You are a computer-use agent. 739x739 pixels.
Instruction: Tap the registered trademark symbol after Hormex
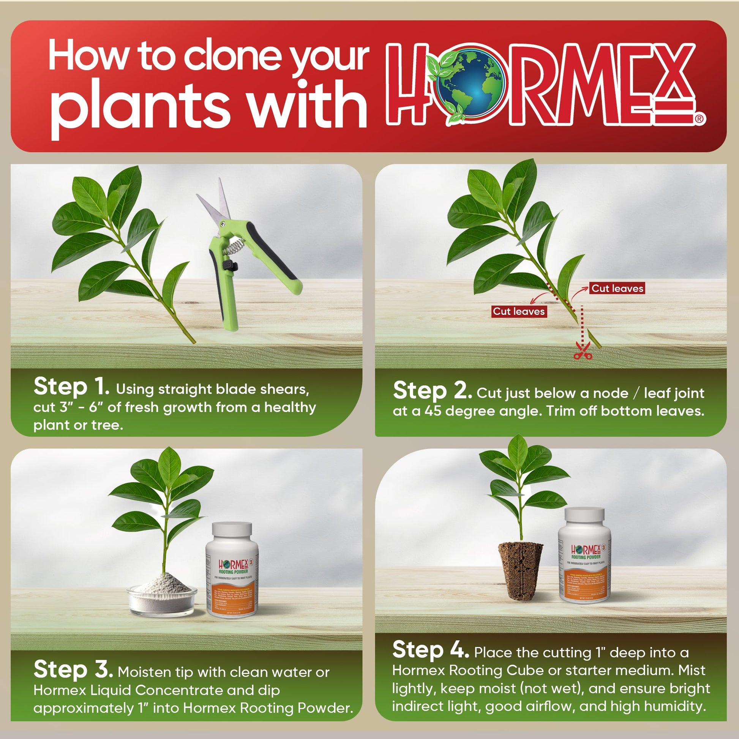pyautogui.click(x=700, y=119)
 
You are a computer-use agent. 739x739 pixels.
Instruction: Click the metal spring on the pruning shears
pyautogui.click(x=233, y=246)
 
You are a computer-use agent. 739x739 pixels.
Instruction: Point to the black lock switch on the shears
pyautogui.click(x=229, y=265)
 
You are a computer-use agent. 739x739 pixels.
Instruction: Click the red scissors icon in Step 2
pyautogui.click(x=583, y=351)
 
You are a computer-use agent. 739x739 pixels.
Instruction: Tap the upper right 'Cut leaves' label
pyautogui.click(x=617, y=288)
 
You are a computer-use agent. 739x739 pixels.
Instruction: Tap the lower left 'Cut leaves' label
pyautogui.click(x=518, y=311)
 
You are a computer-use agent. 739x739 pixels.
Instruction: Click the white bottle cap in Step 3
pyautogui.click(x=232, y=531)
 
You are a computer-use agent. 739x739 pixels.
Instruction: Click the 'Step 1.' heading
pyautogui.click(x=71, y=387)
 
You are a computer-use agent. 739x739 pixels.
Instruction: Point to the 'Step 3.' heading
pyautogui.click(x=73, y=670)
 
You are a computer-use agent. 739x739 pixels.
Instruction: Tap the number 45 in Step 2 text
pyautogui.click(x=433, y=411)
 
